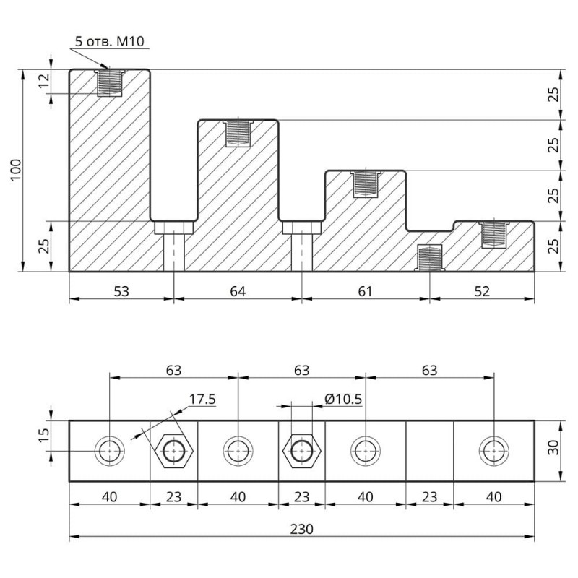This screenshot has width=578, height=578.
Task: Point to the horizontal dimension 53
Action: [x=121, y=291]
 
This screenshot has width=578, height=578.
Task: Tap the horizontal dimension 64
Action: [x=238, y=291]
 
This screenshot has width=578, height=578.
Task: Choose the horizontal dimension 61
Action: [x=365, y=291]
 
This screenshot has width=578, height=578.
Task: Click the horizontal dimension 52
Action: [x=482, y=291]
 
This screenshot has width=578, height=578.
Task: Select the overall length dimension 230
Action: [x=301, y=530]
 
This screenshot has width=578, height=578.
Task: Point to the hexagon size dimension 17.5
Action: [x=203, y=398]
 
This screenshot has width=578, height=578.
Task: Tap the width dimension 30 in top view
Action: [x=553, y=451]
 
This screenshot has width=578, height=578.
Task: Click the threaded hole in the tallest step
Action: [x=110, y=82]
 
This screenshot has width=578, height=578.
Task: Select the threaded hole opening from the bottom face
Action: [x=431, y=259]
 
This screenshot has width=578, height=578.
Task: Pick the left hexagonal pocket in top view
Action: [x=173, y=452]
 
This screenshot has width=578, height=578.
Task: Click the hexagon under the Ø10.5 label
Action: [x=301, y=452]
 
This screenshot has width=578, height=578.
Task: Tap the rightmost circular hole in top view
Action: [x=494, y=452]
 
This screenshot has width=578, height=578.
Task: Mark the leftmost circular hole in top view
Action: [x=110, y=452]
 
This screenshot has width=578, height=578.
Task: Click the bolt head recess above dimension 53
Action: [x=173, y=228]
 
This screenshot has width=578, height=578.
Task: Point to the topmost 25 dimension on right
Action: [x=553, y=95]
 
